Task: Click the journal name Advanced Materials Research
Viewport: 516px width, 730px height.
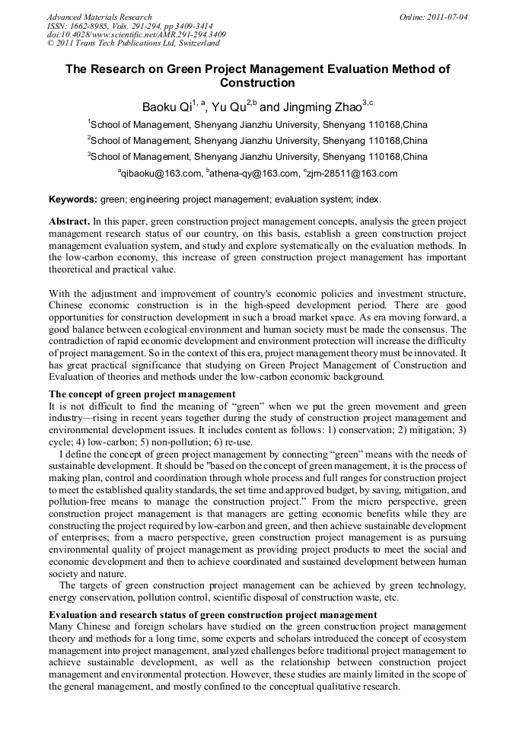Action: click(99, 17)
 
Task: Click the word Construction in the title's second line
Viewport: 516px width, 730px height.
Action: click(257, 82)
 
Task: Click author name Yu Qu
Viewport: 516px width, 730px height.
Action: click(227, 106)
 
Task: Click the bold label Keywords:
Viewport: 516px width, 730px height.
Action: click(73, 199)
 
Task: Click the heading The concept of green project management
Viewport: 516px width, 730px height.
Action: click(142, 394)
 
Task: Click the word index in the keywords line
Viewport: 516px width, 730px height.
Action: click(366, 199)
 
